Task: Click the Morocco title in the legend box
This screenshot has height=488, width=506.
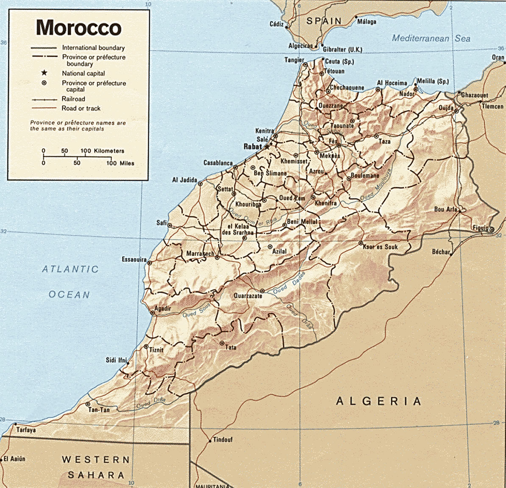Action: click(x=79, y=28)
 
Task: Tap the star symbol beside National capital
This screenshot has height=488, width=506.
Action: click(x=44, y=73)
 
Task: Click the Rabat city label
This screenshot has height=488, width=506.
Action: click(x=253, y=147)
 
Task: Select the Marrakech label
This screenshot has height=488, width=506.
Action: click(x=200, y=254)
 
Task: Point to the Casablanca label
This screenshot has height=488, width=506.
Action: click(x=218, y=163)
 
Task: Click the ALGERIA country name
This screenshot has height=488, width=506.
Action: click(x=378, y=401)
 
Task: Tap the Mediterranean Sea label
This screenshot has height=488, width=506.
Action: click(x=431, y=38)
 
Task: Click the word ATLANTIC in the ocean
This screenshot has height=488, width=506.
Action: click(x=70, y=269)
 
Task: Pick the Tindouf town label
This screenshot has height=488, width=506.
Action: click(x=222, y=440)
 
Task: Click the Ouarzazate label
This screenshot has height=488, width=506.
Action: click(x=248, y=296)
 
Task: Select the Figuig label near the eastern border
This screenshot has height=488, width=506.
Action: click(x=481, y=228)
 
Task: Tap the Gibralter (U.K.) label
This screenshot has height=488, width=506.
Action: click(x=342, y=50)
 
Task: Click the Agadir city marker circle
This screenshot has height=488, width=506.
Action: click(x=153, y=313)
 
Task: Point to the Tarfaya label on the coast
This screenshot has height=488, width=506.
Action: click(x=26, y=430)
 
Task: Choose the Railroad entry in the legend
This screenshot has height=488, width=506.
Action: click(x=73, y=99)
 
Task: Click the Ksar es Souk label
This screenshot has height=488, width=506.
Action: click(x=380, y=247)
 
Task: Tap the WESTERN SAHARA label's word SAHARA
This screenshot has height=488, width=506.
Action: click(x=96, y=475)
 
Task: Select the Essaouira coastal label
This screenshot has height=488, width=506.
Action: click(x=134, y=259)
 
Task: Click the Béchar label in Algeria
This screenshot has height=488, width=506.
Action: click(x=441, y=252)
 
